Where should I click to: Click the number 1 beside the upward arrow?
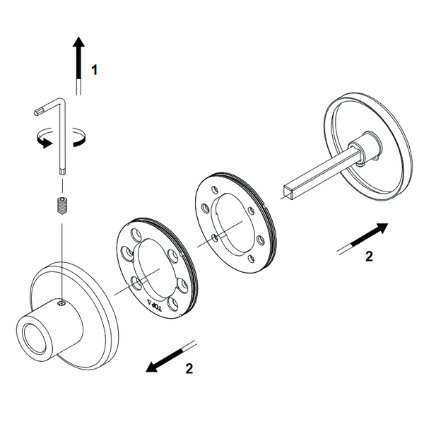point(94,70)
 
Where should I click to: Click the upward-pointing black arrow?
point(78,66)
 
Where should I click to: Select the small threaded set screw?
point(62,206)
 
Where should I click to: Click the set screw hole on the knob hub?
point(62,304)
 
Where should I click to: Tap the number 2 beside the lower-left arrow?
point(189,368)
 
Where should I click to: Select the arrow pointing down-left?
point(170,357)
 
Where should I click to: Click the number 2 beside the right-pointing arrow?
point(369,256)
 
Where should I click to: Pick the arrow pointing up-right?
point(363,239)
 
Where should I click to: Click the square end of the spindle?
point(288,192)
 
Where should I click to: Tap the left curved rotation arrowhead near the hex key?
point(45,143)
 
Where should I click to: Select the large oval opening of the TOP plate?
point(155,269)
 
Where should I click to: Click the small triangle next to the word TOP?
point(149,301)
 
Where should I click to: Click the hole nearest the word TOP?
point(173,304)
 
